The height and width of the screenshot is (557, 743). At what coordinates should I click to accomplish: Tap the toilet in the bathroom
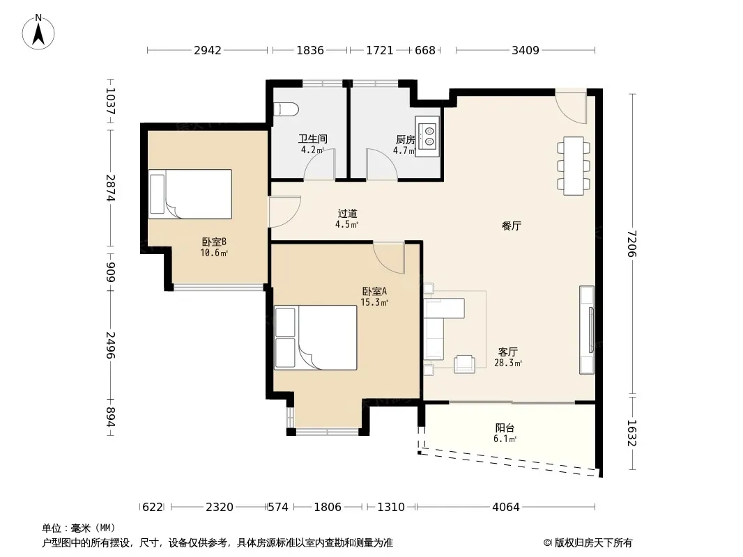[x=286, y=109]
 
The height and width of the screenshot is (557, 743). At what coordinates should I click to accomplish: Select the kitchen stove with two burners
[x=428, y=136]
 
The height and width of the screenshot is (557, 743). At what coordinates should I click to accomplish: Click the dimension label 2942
[x=208, y=50]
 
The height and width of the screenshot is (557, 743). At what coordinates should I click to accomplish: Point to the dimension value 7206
[x=631, y=244]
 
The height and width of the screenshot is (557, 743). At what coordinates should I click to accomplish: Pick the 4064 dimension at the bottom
[x=505, y=507]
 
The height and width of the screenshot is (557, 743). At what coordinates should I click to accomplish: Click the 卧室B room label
[x=214, y=242]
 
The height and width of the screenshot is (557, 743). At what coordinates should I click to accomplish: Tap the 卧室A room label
[x=374, y=291]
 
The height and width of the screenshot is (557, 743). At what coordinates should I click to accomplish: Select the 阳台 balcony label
[x=505, y=427]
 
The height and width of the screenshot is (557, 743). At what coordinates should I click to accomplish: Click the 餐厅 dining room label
[x=512, y=226]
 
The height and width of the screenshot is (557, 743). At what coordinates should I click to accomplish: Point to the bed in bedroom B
[x=190, y=194]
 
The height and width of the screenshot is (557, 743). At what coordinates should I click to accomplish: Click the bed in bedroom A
[x=316, y=338]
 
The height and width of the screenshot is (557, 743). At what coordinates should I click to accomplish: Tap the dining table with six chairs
[x=574, y=166]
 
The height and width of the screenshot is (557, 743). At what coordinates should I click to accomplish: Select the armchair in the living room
[x=464, y=363]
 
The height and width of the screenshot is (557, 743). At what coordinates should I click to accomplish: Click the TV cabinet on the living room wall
[x=587, y=330]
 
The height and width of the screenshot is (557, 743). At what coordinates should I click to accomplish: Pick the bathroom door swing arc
[x=319, y=163]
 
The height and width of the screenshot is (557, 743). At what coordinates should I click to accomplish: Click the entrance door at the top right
[x=571, y=107]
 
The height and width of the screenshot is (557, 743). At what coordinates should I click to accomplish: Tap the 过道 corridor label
[x=347, y=214]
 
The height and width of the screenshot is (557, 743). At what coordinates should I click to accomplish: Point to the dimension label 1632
[x=631, y=433]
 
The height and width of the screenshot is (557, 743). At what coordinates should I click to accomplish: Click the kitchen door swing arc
[x=382, y=163]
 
